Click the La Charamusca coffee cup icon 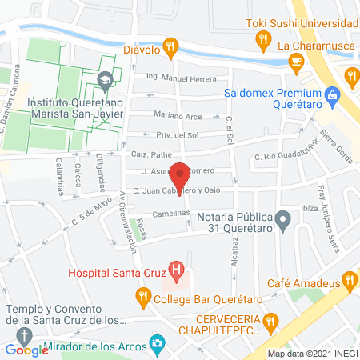click(296, 62)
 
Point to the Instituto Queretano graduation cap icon click(104, 81)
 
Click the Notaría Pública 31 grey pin click(282, 218)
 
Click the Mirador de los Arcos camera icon click(158, 345)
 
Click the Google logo click(27, 350)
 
